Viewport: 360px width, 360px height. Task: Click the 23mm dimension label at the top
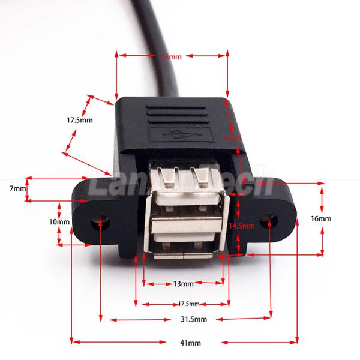pyautogui.click(x=172, y=57)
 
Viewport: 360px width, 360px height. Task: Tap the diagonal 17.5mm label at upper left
pyautogui.click(x=79, y=120)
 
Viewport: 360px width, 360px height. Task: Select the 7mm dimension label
pyautogui.click(x=18, y=188)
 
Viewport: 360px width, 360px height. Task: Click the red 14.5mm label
pyautogui.click(x=242, y=226)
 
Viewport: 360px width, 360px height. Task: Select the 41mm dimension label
pyautogui.click(x=190, y=343)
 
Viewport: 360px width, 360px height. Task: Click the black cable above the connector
pyautogui.click(x=168, y=60)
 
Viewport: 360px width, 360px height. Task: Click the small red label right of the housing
pyautogui.click(x=232, y=137)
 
